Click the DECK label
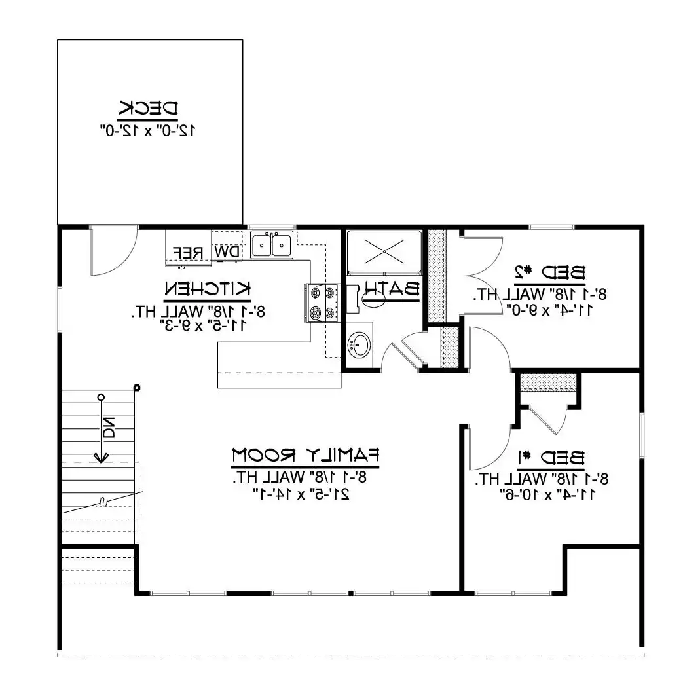tap(148, 109)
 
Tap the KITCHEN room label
tap(208, 289)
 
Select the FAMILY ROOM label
tap(305, 456)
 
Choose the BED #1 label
tap(551, 458)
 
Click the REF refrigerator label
tap(188, 253)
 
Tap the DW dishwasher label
tap(227, 251)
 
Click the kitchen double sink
tap(272, 245)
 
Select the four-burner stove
tap(322, 303)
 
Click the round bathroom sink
tap(360, 345)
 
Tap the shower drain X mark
tap(384, 251)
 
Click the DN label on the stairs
tap(109, 428)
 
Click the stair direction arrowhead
tap(101, 458)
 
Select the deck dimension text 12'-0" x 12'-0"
tap(148, 130)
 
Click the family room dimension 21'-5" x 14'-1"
tap(301, 494)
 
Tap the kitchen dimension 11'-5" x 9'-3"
tap(204, 325)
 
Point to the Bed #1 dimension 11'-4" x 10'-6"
tap(551, 495)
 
